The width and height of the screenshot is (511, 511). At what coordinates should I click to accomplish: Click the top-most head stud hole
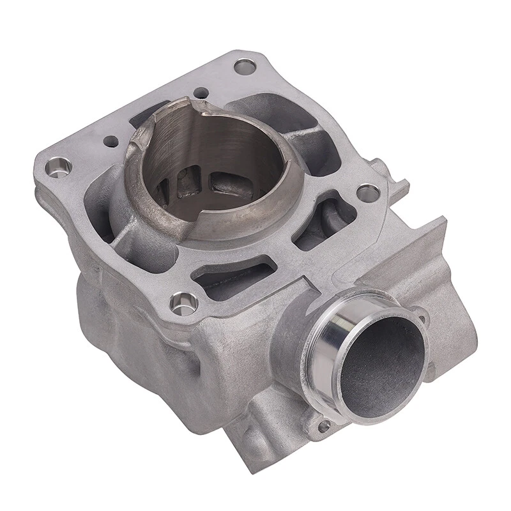(245, 66)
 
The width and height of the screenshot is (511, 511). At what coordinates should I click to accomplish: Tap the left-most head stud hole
(59, 167)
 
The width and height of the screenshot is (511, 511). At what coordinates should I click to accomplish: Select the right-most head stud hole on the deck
(368, 192)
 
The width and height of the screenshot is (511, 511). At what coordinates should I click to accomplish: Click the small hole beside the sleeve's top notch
(201, 93)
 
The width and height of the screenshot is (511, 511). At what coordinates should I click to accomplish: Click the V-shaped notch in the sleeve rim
(203, 108)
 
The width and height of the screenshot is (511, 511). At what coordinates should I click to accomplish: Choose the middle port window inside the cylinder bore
(189, 183)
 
